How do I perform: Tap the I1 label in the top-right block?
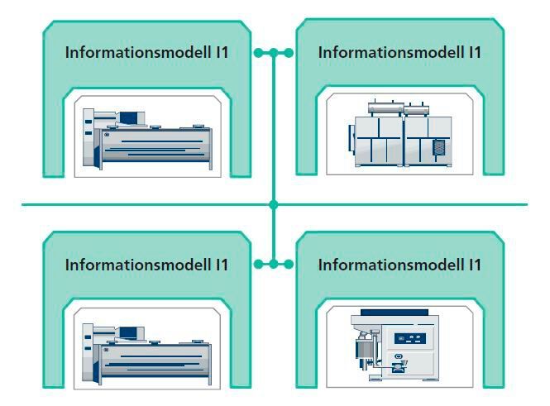coord(472,52)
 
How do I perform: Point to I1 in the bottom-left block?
coord(221,265)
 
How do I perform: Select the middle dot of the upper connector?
coord(273,53)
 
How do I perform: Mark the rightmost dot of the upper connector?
coord(289,53)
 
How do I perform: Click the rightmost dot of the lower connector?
coord(289,265)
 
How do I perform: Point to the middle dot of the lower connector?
coord(273,265)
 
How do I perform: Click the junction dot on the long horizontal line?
coord(273,203)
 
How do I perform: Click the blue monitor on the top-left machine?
coord(131,117)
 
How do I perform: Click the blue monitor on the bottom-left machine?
coord(131,332)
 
